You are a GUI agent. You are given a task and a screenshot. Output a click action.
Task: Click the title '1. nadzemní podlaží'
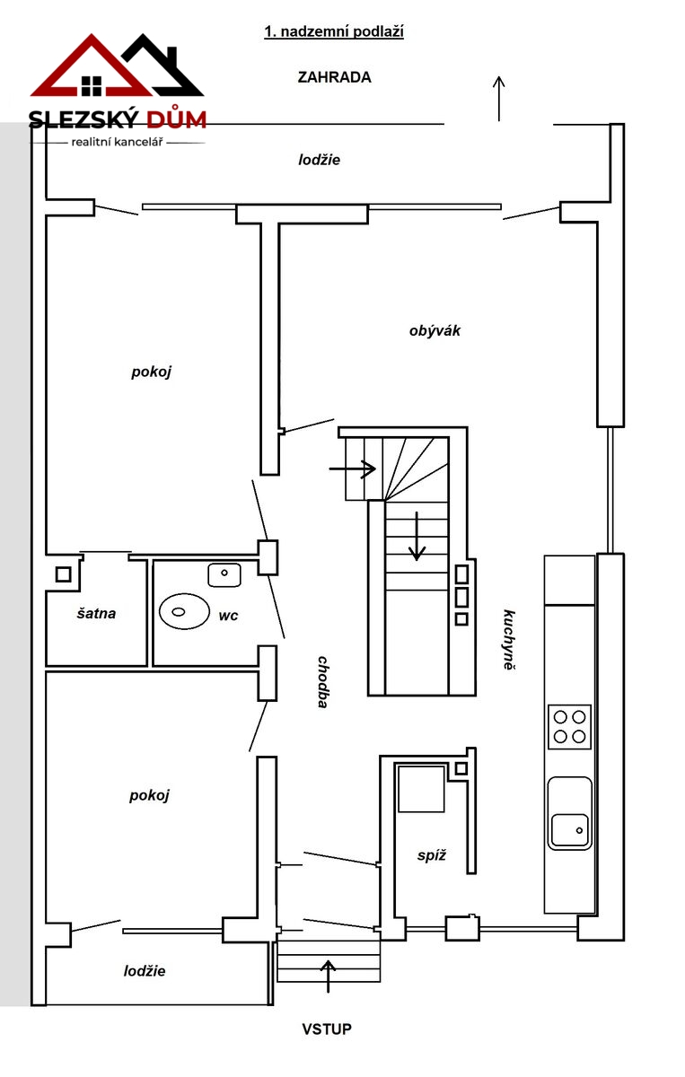pos(334,32)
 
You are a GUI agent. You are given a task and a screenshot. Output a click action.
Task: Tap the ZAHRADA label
pos(334,77)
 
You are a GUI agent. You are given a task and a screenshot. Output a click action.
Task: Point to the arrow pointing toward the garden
pos(499,99)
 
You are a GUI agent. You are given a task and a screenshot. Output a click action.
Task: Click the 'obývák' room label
pos(435,331)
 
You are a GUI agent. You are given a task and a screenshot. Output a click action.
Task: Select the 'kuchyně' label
pos(509,639)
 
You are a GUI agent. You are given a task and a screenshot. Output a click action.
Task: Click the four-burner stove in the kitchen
pos(569,726)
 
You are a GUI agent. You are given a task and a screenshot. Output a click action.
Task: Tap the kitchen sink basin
pos(569,830)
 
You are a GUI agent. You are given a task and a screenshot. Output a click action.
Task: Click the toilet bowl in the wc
pos(184,611)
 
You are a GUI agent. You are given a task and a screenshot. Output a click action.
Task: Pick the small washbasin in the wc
pos(224,575)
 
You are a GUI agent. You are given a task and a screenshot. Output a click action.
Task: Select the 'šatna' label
pos(96,614)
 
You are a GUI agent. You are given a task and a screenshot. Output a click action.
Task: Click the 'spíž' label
pos(432,855)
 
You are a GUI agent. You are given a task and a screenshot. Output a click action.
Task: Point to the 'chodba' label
pos(323,682)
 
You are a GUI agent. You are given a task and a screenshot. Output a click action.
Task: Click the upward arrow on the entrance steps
pos(328,976)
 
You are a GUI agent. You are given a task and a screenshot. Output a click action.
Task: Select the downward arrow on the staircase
pos(417,536)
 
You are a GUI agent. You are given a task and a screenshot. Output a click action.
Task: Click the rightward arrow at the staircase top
pos(352,468)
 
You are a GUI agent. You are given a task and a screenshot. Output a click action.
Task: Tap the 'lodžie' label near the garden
pos(319,160)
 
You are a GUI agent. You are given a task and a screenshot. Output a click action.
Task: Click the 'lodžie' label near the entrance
pos(145,971)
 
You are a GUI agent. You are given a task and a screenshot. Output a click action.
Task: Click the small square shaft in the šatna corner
pos(64,574)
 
